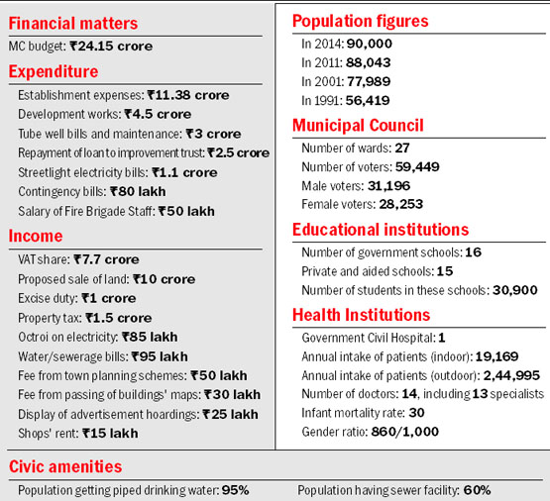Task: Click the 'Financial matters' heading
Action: click(73, 24)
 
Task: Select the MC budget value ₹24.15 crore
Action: click(111, 46)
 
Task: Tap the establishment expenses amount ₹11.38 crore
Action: click(188, 95)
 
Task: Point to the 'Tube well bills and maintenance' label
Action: click(100, 134)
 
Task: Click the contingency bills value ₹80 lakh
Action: click(138, 192)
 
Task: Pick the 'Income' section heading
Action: click(36, 236)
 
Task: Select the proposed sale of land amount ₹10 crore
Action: click(164, 279)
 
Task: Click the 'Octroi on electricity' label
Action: click(68, 337)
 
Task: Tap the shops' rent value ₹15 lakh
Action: click(110, 434)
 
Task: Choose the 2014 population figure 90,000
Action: click(370, 44)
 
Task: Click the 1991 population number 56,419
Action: click(368, 101)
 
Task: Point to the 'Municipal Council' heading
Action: click(358, 126)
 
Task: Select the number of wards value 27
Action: click(402, 149)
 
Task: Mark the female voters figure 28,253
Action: click(401, 204)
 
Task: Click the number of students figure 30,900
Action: click(515, 290)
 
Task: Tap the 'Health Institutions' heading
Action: click(361, 315)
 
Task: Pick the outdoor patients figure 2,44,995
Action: click(511, 375)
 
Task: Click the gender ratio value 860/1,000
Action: click(404, 432)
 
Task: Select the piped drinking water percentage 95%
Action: click(236, 490)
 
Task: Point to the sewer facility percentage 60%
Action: click(477, 490)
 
